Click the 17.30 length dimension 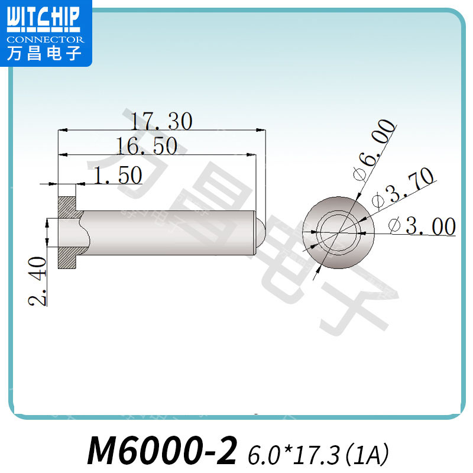pyautogui.click(x=161, y=121)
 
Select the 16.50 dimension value pyautogui.click(x=147, y=145)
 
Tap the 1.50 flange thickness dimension pyautogui.click(x=118, y=175)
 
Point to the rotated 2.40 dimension pyautogui.click(x=38, y=281)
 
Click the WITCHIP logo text pyautogui.click(x=43, y=19)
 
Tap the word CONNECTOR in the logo pyautogui.click(x=46, y=40)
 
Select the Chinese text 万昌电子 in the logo pyautogui.click(x=44, y=53)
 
